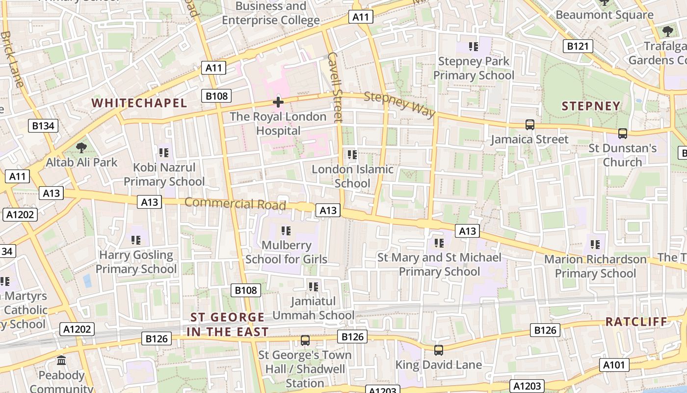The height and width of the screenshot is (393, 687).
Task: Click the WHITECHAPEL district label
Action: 139,103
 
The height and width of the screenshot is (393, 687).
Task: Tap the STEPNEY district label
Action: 591,106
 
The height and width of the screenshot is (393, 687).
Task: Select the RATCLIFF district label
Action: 636,322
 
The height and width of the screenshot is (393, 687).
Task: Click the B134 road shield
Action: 43,126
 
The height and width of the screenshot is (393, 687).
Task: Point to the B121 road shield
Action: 578,47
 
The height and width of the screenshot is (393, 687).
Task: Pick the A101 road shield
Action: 614,365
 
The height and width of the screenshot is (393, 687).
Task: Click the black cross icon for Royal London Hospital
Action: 278,102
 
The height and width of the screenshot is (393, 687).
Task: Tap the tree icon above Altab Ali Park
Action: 81,147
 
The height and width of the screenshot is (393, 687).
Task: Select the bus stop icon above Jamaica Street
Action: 530,125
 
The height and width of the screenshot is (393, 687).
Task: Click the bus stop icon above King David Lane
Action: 439,350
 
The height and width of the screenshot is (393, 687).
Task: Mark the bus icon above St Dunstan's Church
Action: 622,133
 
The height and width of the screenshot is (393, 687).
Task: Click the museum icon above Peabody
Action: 62,361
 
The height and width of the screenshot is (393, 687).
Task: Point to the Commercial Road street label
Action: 235,203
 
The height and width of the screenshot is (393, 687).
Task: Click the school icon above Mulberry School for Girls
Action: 286,230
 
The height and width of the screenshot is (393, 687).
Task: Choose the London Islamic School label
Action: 352,176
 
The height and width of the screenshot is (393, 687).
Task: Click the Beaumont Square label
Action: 604,15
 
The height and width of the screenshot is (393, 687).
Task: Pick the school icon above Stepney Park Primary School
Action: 474,47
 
